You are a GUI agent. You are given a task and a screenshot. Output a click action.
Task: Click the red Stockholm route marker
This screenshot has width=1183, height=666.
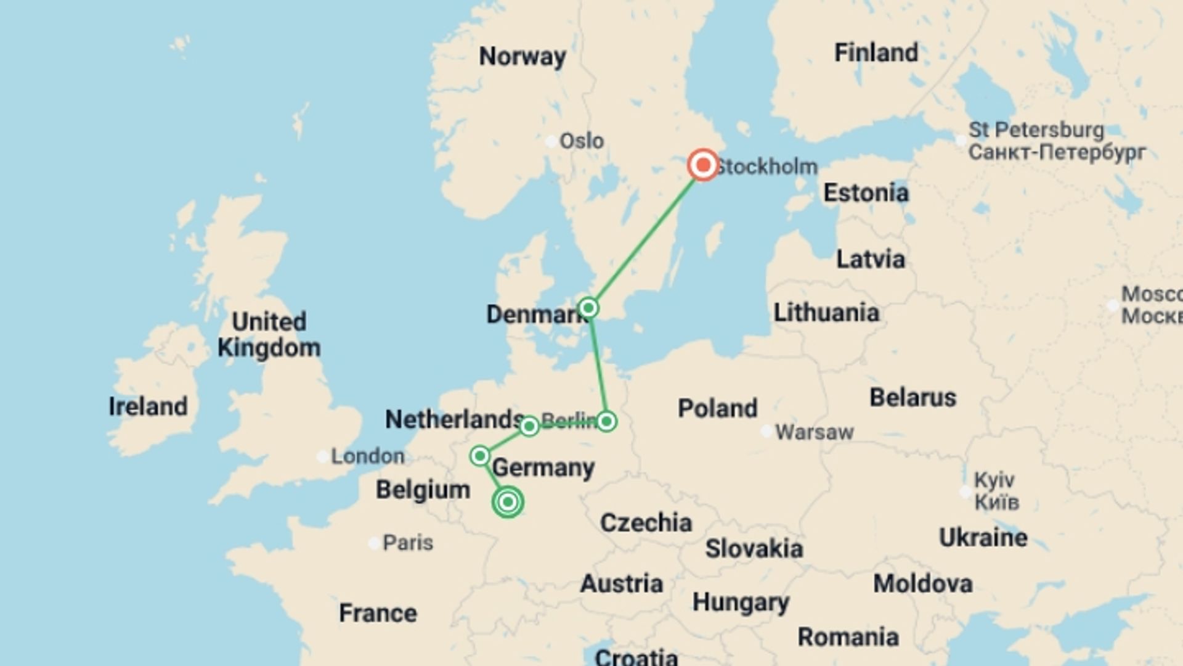pos(703,165)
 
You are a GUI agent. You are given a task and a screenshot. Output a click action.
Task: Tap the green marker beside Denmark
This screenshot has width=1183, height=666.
pos(588,307)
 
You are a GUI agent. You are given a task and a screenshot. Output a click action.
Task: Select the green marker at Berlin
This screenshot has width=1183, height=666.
pos(606,421)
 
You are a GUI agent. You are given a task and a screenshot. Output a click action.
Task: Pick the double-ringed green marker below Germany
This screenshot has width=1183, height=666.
pos(508,502)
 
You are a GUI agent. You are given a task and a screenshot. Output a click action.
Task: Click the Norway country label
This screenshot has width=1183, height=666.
pos(522,56)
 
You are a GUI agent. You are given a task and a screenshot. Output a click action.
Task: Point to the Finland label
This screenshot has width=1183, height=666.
pos(876,52)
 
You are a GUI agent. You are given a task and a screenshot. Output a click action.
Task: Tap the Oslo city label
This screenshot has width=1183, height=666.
pos(581,141)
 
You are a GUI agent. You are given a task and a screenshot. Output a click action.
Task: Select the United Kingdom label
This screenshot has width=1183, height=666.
pos(269,334)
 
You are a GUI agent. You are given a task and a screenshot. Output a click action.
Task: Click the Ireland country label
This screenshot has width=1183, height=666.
pos(148,406)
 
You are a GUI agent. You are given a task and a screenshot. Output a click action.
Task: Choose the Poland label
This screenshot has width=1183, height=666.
pos(717,408)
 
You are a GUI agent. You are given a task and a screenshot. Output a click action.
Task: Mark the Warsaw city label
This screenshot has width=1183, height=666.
pos(814,432)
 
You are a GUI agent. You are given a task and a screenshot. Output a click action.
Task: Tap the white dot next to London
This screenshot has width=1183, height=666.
pos(322,456)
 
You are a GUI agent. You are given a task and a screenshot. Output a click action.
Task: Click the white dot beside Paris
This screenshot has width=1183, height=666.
pos(374,543)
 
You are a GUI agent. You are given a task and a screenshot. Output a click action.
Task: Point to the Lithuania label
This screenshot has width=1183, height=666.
pos(826,313)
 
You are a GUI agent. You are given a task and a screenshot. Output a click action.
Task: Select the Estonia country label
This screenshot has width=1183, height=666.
pos(866,193)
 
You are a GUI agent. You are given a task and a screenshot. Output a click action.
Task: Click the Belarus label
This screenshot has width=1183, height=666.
pos(913,398)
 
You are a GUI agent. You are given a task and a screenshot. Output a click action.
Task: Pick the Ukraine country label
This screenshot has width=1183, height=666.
pos(983,538)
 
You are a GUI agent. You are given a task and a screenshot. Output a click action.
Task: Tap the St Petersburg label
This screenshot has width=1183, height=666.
pos(1036,130)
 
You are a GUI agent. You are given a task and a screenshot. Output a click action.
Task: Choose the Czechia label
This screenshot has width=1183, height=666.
pos(646,523)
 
